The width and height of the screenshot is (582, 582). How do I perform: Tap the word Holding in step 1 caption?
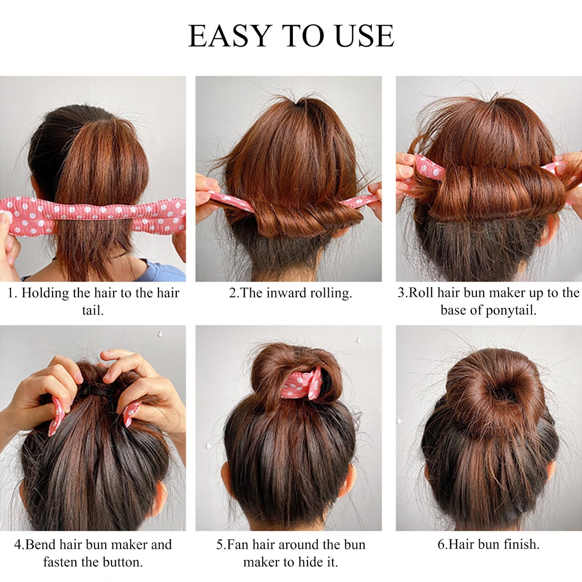coord(45,293)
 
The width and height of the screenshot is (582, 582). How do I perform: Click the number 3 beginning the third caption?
coord(401,293)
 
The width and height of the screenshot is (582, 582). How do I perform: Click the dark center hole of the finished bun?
coord(499,393)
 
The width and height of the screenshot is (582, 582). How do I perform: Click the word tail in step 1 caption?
coord(93,310)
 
